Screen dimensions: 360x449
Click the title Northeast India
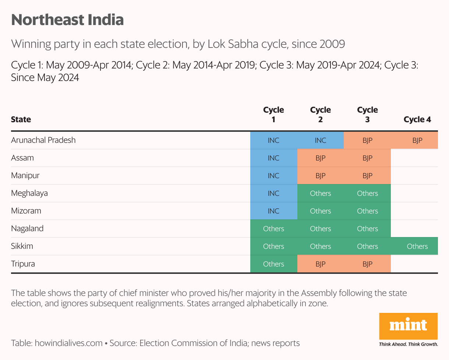click(67, 20)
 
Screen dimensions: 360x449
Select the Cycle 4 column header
click(417, 119)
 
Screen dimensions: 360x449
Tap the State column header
click(21, 119)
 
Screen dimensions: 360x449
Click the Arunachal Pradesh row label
click(43, 140)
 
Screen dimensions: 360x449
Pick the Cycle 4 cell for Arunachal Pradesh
click(417, 140)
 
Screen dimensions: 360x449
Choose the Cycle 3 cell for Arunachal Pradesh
click(367, 140)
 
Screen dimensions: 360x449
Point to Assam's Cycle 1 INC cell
click(273, 158)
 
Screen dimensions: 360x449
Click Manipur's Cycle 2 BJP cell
click(321, 176)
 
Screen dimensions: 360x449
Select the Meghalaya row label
click(29, 193)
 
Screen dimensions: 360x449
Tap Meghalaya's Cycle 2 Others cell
click(321, 193)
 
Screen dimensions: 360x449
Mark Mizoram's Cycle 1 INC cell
click(273, 211)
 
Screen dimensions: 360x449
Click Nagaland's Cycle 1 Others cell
click(273, 229)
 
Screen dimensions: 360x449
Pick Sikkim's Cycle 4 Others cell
click(417, 246)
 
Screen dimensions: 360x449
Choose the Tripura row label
click(23, 264)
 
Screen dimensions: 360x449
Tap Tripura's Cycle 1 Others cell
click(273, 264)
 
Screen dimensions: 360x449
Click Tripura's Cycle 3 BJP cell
click(367, 264)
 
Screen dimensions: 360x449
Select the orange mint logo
click(408, 326)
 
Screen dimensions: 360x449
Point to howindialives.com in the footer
click(68, 343)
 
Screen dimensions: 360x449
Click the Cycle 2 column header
click(321, 114)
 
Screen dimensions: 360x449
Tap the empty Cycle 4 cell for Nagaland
click(414, 229)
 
